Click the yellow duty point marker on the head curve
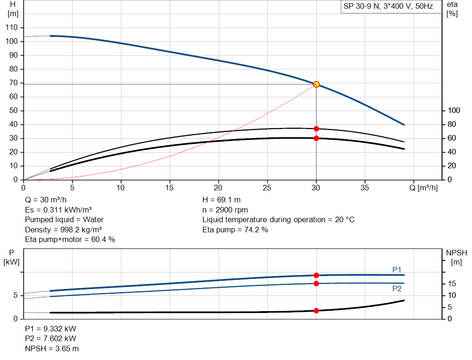[316, 84]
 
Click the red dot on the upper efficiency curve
[316, 129]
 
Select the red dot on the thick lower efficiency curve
[316, 138]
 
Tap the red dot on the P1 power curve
[316, 276]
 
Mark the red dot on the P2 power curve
[316, 283]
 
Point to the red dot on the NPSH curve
[316, 311]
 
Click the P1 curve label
[397, 269]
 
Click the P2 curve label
[397, 289]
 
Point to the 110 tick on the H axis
[12, 27]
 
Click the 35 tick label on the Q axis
[365, 188]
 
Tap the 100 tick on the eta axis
[454, 111]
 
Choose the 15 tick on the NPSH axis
[452, 283]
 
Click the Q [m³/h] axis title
[424, 188]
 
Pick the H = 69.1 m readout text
[222, 200]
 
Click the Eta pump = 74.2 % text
[235, 230]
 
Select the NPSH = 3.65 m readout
[52, 348]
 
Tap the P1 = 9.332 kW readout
[51, 329]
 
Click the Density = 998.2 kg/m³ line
[63, 230]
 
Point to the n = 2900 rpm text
[225, 210]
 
